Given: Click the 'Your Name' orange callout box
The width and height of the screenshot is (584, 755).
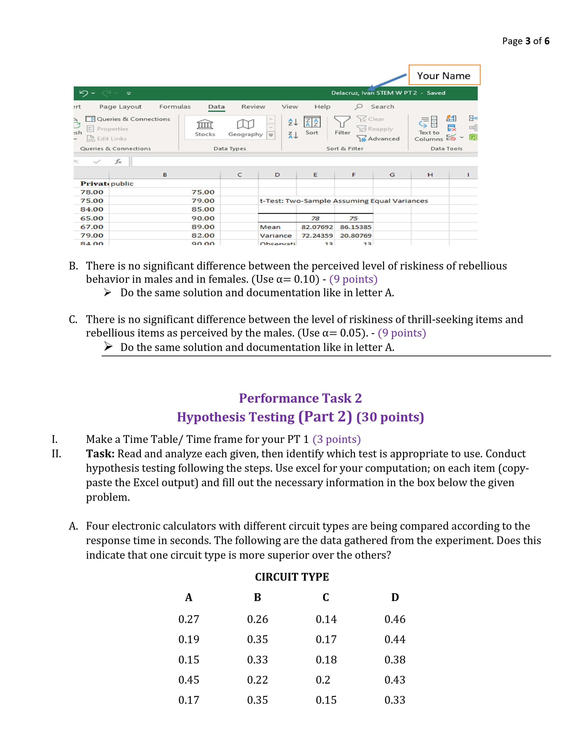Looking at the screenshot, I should [x=444, y=75].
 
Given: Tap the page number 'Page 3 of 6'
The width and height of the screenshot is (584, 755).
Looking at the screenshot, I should [x=526, y=41].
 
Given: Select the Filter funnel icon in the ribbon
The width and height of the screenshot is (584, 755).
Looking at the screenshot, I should [x=342, y=122].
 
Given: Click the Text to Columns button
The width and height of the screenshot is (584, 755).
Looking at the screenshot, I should [x=429, y=128].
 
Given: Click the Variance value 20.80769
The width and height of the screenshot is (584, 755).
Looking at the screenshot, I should [x=355, y=236].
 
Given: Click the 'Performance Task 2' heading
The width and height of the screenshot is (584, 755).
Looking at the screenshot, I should [x=300, y=398].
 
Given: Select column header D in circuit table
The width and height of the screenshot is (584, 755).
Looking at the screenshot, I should [x=395, y=597].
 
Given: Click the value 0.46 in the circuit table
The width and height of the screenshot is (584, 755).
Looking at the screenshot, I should [x=395, y=619].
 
